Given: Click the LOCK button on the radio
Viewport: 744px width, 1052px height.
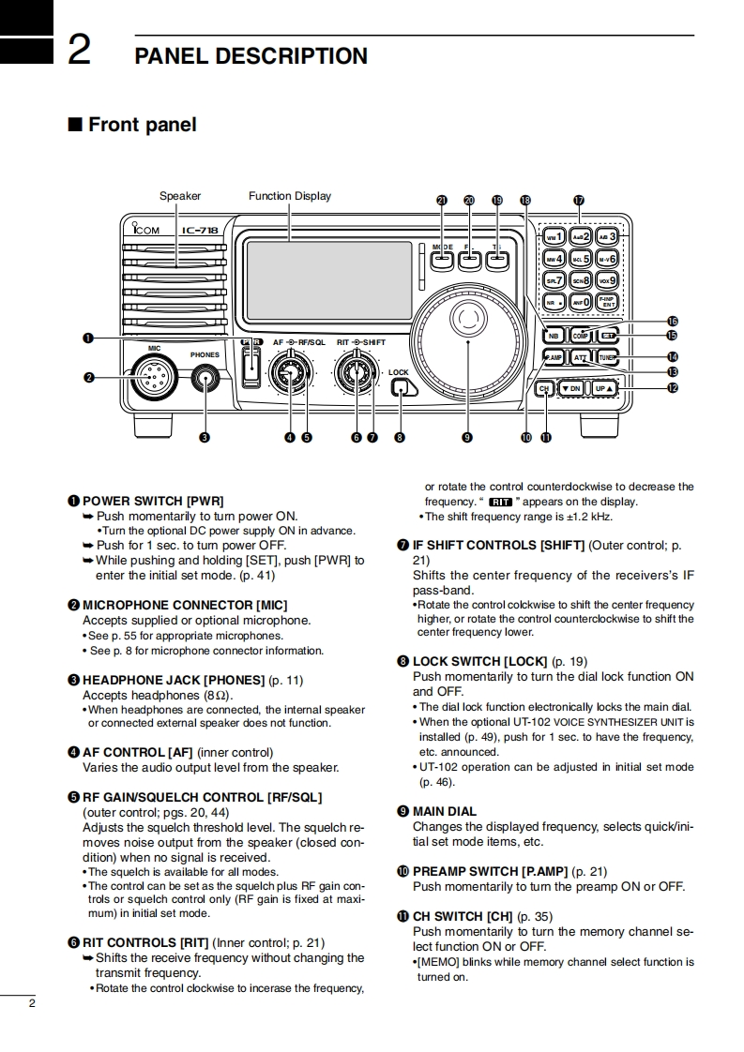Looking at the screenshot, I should [x=401, y=388].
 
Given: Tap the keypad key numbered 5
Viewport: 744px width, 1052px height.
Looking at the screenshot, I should [x=582, y=259].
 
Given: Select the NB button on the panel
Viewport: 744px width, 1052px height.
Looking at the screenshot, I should [x=554, y=336].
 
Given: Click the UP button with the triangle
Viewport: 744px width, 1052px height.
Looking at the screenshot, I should [x=604, y=388].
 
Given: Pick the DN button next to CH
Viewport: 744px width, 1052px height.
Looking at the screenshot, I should [x=570, y=388].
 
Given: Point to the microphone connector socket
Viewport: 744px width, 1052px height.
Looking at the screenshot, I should [x=148, y=378].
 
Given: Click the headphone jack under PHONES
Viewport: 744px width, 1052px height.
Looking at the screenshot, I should [x=205, y=379].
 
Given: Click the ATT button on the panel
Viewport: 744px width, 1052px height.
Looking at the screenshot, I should [x=580, y=358].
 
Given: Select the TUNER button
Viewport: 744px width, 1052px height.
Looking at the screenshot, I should [x=607, y=358].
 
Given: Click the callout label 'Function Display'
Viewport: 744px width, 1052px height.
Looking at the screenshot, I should [x=289, y=196].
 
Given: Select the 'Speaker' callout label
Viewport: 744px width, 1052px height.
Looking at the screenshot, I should [x=179, y=196].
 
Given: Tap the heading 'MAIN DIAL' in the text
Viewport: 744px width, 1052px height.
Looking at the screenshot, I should [x=444, y=811].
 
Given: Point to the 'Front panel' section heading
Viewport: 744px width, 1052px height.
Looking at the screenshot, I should [x=142, y=125].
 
